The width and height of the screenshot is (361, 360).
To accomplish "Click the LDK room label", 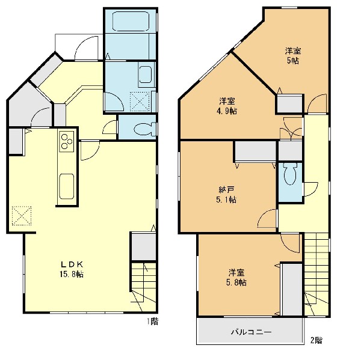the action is [x=72, y=264].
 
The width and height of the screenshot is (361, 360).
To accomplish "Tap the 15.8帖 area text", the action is [x=72, y=274].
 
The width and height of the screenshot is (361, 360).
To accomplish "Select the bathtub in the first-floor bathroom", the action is [x=131, y=21].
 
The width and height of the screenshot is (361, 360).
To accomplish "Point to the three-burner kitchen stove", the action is [x=67, y=141].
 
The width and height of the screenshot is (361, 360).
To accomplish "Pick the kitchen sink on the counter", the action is [x=67, y=186].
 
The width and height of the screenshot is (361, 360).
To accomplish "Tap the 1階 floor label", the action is [x=153, y=322].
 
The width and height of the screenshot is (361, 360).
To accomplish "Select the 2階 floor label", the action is [x=316, y=340].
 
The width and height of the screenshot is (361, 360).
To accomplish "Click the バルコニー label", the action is [x=251, y=332].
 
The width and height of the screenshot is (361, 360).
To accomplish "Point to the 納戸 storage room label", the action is [x=226, y=190].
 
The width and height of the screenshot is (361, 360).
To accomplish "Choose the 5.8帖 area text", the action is [x=236, y=282].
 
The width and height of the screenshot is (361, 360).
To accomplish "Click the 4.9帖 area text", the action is [x=227, y=111].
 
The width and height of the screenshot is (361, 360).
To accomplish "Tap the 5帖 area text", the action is [x=293, y=61].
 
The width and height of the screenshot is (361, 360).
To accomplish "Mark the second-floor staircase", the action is [x=316, y=275].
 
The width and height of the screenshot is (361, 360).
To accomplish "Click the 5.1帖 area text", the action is [x=226, y=200].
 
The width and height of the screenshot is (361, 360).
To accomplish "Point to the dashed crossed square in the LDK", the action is [x=22, y=216].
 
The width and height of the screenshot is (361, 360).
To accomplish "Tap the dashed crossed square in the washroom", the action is [x=140, y=102].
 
